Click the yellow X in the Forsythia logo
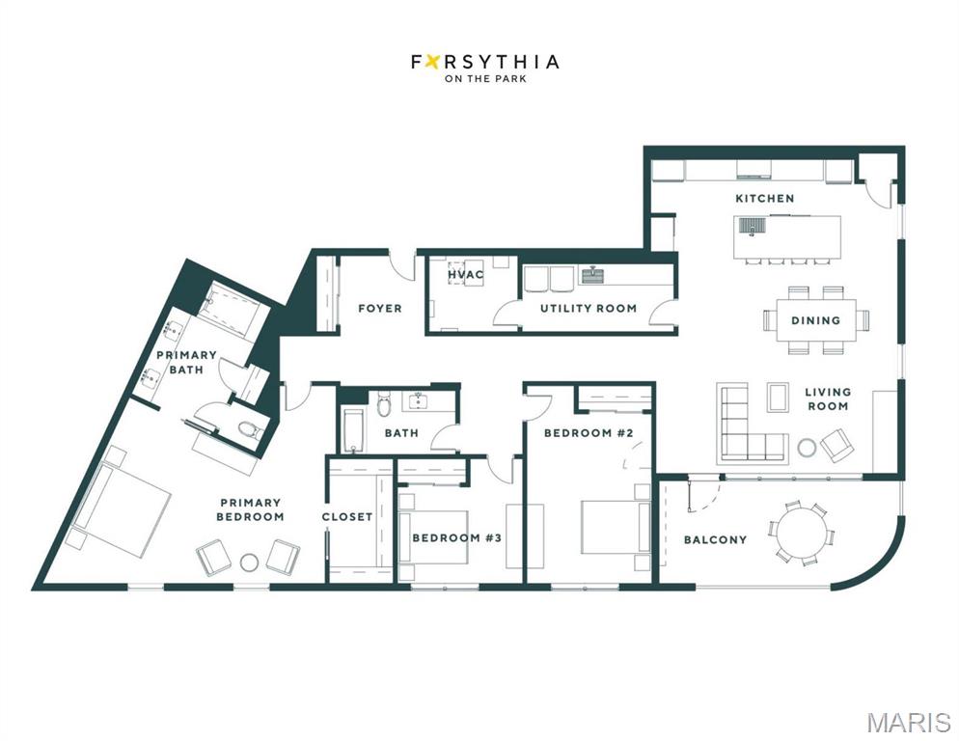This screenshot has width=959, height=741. pos(433,62)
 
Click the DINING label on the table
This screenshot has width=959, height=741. pos(815,320)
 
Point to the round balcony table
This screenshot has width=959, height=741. pos(801,533)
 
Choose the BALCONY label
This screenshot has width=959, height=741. pos(715,539)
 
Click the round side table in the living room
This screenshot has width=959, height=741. pos(807,448)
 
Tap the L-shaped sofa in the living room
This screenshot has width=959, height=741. pos(751,423)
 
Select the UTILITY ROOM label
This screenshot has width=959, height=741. pos(589,309)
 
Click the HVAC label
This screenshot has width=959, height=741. pos(465,275)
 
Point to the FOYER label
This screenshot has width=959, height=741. pos(380,309)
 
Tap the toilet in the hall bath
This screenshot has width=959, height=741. pos(384,403)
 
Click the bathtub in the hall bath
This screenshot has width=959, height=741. pos(353,431)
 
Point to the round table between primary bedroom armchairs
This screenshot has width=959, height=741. pos(250,562)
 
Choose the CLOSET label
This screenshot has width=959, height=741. pos(346,517)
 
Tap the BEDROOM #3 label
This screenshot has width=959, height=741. pos(457,537)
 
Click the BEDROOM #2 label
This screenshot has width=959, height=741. pos(589,433)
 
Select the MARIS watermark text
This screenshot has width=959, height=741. pos(909,722)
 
